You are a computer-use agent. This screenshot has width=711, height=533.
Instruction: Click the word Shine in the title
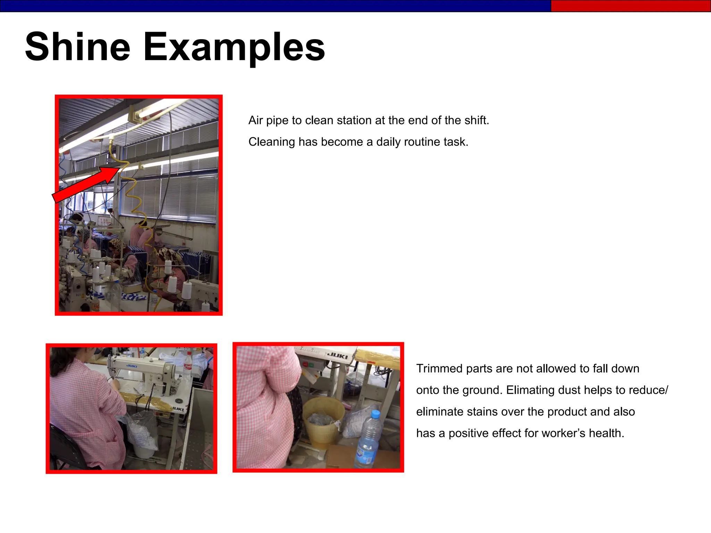[x=77, y=46]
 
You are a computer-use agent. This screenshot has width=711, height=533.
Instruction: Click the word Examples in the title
[x=234, y=47]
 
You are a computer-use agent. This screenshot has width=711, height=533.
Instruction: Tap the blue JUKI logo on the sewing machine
[x=132, y=366]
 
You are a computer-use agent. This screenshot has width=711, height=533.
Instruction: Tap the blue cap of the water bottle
[x=375, y=414]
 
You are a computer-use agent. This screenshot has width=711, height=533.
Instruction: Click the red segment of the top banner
[x=630, y=6]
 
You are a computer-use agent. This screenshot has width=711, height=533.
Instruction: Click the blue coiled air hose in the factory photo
[x=66, y=180]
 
